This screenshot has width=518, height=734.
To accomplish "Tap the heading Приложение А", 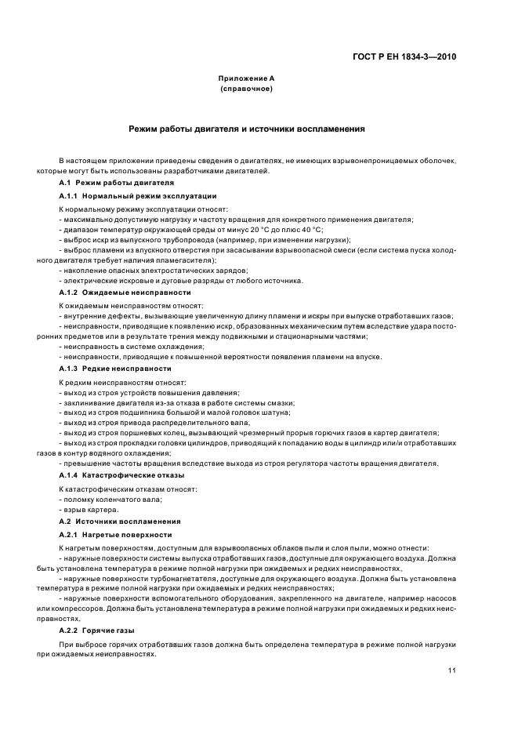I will [x=246, y=78].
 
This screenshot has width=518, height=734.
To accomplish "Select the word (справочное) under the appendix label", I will [x=246, y=89].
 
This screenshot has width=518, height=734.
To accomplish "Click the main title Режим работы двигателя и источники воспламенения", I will [x=246, y=128].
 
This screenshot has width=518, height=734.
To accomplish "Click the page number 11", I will [x=452, y=670].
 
